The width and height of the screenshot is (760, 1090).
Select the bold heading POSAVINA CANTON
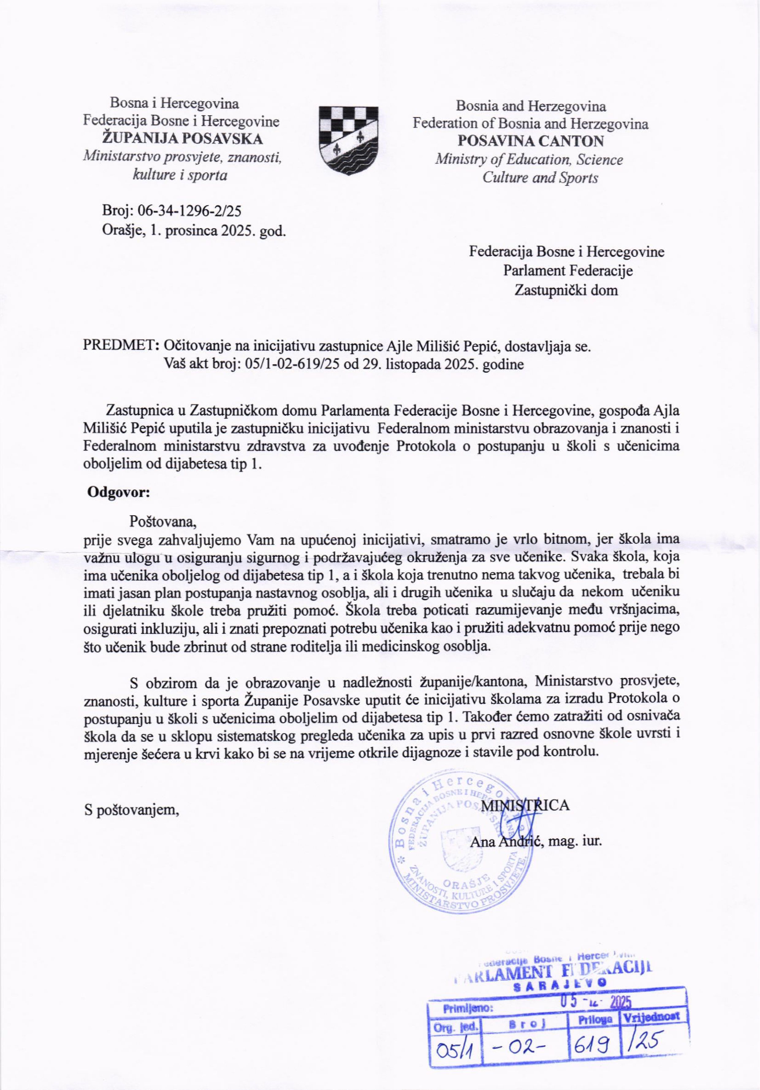(x=530, y=141)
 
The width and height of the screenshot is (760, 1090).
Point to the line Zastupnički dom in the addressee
(x=566, y=290)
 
